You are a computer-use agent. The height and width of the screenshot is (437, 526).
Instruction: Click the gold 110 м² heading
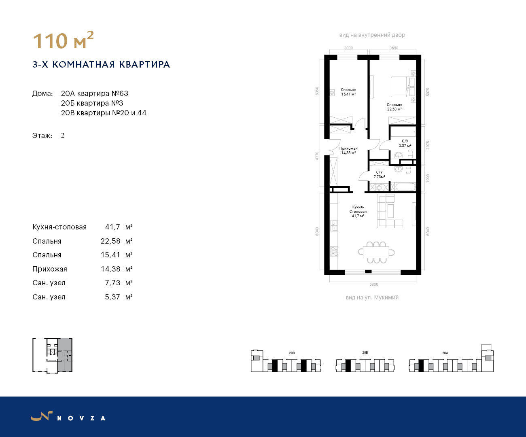(63, 40)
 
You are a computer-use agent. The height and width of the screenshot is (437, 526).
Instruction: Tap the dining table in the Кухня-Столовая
(376, 252)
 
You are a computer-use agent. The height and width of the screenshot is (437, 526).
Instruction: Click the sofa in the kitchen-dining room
(390, 211)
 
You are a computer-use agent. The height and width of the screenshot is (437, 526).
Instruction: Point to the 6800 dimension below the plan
(373, 284)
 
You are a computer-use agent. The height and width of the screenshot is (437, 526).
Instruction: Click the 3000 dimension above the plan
(348, 48)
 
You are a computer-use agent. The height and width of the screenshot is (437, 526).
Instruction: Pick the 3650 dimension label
(394, 48)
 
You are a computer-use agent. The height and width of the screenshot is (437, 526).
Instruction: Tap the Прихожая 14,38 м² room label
(348, 151)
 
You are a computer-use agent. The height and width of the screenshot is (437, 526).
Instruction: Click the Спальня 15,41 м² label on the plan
(348, 92)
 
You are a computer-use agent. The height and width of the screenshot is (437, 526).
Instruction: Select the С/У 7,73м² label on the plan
(379, 174)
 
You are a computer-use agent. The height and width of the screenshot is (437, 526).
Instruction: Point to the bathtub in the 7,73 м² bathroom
(405, 187)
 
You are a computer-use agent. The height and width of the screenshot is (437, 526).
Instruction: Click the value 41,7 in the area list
(112, 227)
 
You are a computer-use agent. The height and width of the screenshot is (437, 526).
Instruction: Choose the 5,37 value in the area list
(112, 297)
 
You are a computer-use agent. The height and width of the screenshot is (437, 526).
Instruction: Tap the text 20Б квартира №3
(92, 103)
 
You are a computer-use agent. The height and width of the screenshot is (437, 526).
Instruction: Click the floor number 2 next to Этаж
(63, 136)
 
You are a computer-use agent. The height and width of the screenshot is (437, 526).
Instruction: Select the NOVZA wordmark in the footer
(81, 418)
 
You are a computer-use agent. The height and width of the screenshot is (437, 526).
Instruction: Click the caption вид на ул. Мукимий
(372, 297)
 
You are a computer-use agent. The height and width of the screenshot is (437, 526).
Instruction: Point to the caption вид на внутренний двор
(372, 35)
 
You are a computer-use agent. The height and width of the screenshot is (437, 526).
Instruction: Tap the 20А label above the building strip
(445, 353)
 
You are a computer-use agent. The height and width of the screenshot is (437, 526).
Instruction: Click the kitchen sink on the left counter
(334, 225)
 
